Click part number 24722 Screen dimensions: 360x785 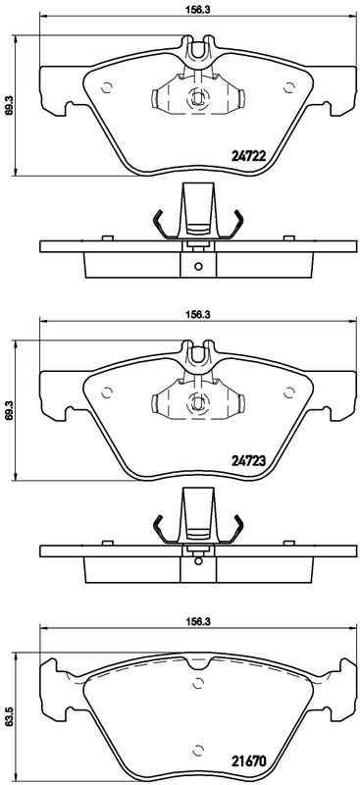(247, 156)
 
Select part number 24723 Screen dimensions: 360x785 (247, 460)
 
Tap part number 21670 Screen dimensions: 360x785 (247, 761)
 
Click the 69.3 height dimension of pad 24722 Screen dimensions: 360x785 (7, 106)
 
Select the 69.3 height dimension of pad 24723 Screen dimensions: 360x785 (7, 410)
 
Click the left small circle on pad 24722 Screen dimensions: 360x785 (106, 87)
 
